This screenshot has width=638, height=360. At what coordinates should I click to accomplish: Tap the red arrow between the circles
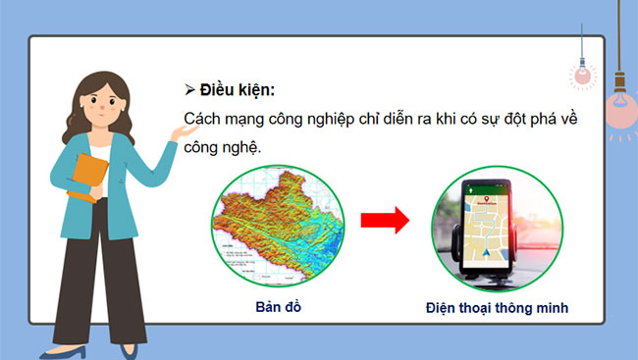[x=384, y=221]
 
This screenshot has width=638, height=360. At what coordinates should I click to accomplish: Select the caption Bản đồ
[x=274, y=307]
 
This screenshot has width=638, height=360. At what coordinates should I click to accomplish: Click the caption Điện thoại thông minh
[x=497, y=307]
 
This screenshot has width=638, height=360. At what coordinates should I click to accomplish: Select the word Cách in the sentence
[x=204, y=119]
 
